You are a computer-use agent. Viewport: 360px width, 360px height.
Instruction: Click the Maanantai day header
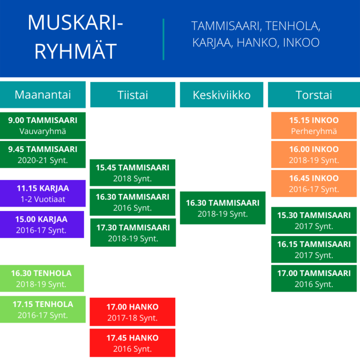[x=43, y=95]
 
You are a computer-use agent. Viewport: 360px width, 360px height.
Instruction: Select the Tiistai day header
[x=133, y=95]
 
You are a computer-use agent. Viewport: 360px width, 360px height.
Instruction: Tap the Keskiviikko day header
[x=222, y=95]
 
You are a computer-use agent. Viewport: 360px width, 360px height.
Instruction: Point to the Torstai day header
[x=314, y=95]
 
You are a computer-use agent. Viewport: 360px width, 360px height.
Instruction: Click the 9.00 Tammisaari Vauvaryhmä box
[x=43, y=126]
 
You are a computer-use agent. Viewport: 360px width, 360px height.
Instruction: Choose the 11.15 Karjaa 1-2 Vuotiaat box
[x=43, y=193]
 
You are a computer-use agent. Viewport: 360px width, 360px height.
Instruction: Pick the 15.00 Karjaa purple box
[x=42, y=225]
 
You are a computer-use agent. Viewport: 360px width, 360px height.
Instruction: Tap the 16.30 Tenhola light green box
[x=42, y=278]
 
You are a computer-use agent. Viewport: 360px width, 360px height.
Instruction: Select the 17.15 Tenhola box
[x=43, y=309]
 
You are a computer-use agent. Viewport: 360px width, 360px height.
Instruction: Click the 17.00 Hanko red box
[x=133, y=312]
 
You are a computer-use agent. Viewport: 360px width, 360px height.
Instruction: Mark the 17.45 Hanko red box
[x=133, y=343]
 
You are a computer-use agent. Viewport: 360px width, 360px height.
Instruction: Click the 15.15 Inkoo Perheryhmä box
[x=314, y=126]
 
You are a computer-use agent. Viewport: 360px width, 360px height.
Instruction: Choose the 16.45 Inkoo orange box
[x=314, y=183]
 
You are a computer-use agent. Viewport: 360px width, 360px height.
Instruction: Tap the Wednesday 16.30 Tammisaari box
[x=223, y=208]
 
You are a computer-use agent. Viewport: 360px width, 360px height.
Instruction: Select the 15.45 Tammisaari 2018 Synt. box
[x=133, y=172]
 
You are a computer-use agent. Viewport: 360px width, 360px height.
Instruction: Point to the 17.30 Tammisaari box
[x=133, y=232]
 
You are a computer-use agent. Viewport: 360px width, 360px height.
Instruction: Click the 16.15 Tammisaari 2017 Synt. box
[x=314, y=249]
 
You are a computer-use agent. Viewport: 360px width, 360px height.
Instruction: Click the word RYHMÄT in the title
[x=75, y=51]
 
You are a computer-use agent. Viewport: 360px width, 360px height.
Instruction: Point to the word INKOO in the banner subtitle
[x=301, y=43]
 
